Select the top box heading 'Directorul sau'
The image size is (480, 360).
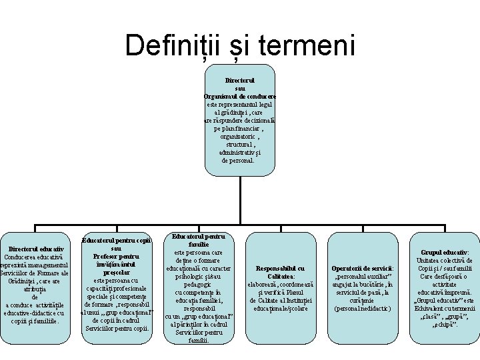(240, 83)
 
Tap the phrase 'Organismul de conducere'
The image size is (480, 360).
(240, 96)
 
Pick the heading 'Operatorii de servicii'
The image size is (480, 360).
(363, 268)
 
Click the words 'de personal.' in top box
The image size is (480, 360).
(238, 161)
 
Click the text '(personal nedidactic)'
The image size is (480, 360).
(363, 309)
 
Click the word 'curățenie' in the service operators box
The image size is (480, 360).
(363, 301)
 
